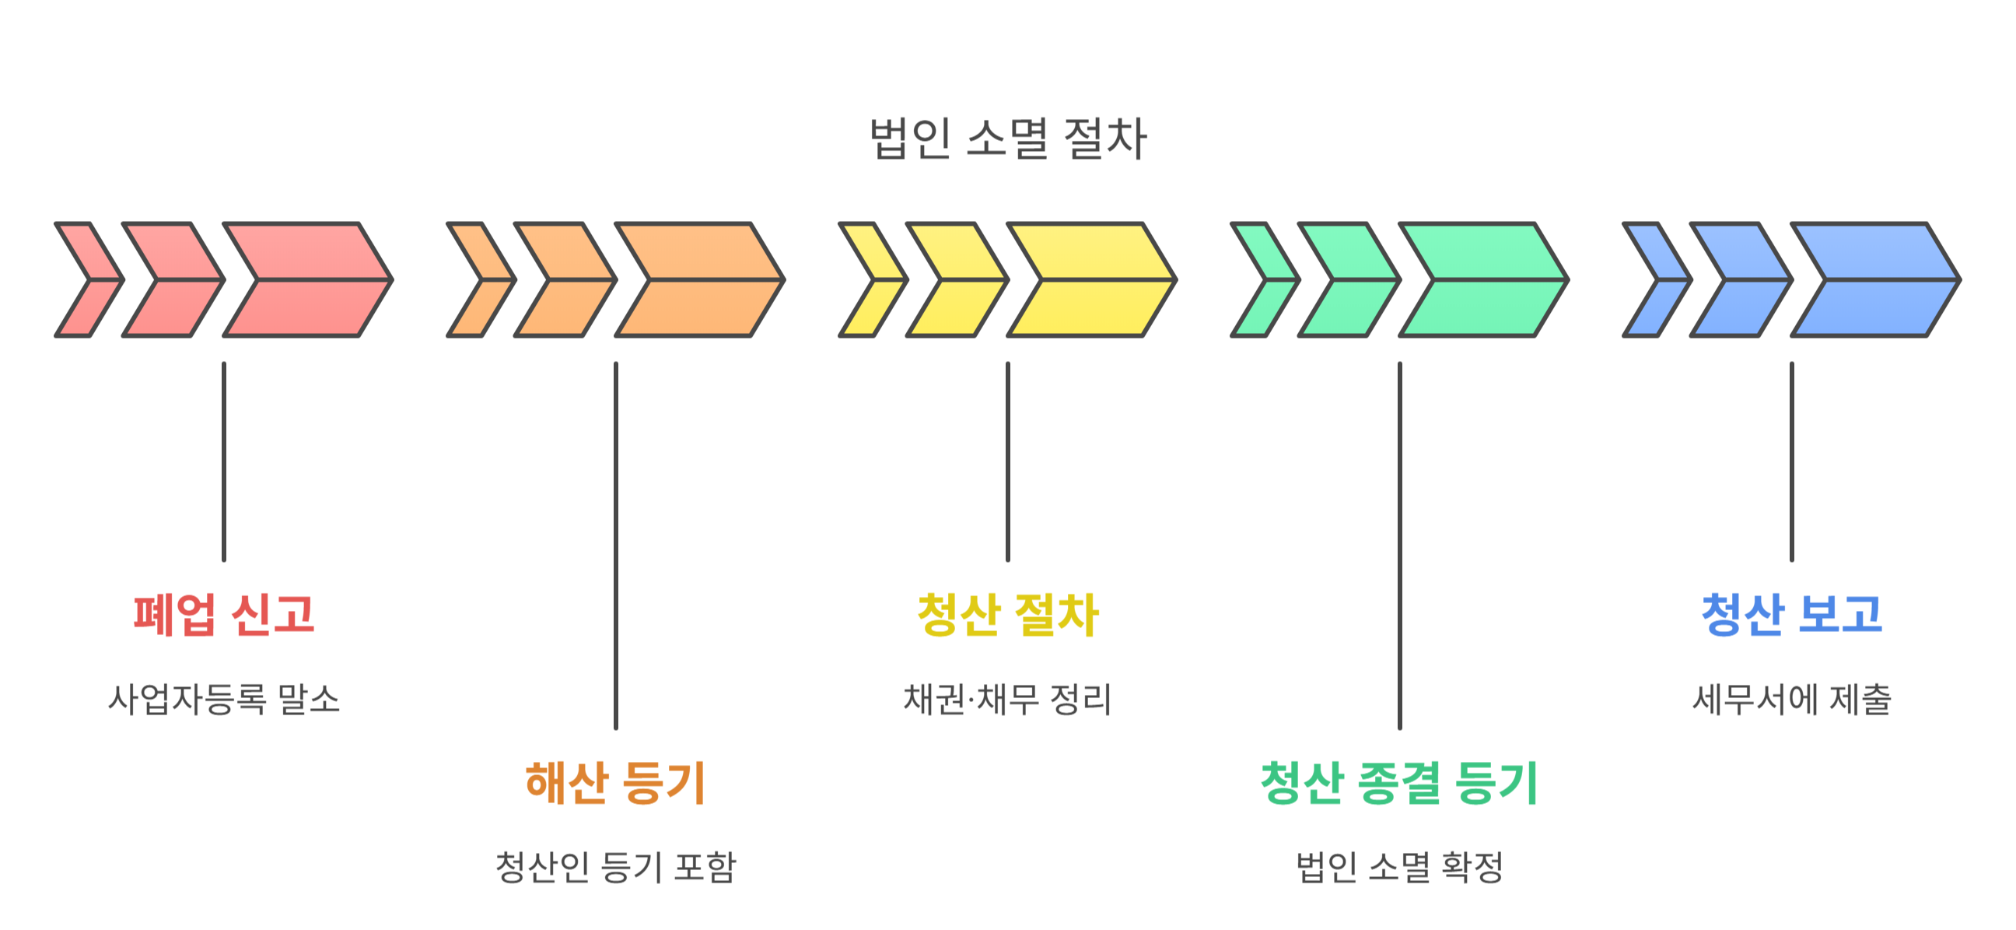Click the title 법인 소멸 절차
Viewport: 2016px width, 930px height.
point(1008,139)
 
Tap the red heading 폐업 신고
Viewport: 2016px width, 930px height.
point(224,615)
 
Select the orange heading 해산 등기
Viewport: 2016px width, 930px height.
point(615,782)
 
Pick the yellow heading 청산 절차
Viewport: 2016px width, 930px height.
point(1008,615)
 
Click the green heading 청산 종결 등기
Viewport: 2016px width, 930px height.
point(1399,782)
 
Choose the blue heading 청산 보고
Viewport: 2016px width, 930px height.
point(1791,615)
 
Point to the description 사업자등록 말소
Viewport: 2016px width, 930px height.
point(224,699)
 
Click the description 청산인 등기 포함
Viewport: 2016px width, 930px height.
point(615,867)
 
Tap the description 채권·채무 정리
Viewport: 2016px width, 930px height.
point(1008,699)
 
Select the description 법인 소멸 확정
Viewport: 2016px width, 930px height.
point(1399,867)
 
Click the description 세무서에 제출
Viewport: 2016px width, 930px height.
point(1791,699)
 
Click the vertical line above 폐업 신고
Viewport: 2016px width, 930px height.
point(224,461)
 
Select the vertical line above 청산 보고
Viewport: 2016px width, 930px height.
point(1792,461)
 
